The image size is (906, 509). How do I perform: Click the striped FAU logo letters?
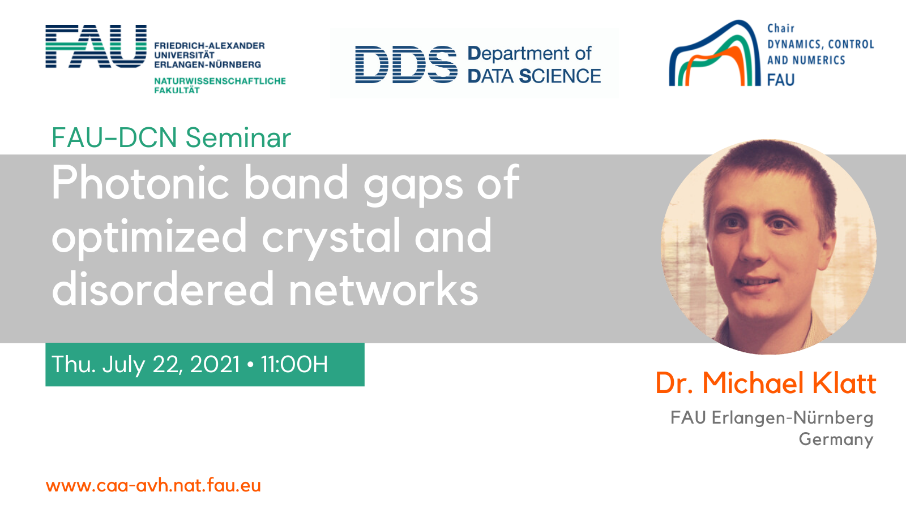click(96, 46)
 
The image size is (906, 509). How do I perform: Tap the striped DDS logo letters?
click(406, 64)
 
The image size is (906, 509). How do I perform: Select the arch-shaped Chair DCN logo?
click(715, 53)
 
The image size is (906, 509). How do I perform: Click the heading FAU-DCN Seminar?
click(171, 138)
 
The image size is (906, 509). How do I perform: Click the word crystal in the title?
click(331, 238)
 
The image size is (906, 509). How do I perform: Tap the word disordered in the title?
click(163, 288)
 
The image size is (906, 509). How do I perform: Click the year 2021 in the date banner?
click(215, 364)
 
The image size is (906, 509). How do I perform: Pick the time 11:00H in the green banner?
click(294, 364)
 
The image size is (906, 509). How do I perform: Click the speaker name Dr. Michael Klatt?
click(766, 382)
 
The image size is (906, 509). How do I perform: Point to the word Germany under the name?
click(836, 439)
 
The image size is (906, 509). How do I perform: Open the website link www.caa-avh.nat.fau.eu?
click(153, 485)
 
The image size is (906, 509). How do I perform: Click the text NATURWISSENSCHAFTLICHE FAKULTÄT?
click(220, 85)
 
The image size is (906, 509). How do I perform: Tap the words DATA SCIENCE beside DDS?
click(535, 76)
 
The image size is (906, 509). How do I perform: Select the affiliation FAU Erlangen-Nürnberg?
click(772, 418)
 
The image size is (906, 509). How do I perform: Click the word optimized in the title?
click(149, 238)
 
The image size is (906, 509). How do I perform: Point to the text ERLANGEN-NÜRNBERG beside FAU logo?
click(207, 64)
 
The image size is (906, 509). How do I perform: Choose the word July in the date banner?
click(123, 365)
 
